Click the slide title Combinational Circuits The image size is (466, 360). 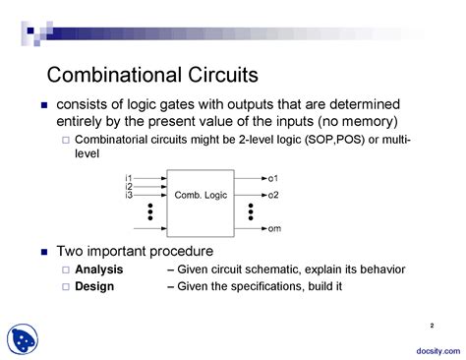(152, 76)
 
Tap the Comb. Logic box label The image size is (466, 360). (201, 195)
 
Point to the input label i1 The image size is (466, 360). (129, 178)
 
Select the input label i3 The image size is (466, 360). (129, 195)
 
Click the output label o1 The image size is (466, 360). (273, 178)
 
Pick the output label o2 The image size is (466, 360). (273, 195)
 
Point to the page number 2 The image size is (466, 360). (432, 325)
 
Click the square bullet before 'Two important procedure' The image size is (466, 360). (43, 252)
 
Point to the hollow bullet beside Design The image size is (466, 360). (66, 287)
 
